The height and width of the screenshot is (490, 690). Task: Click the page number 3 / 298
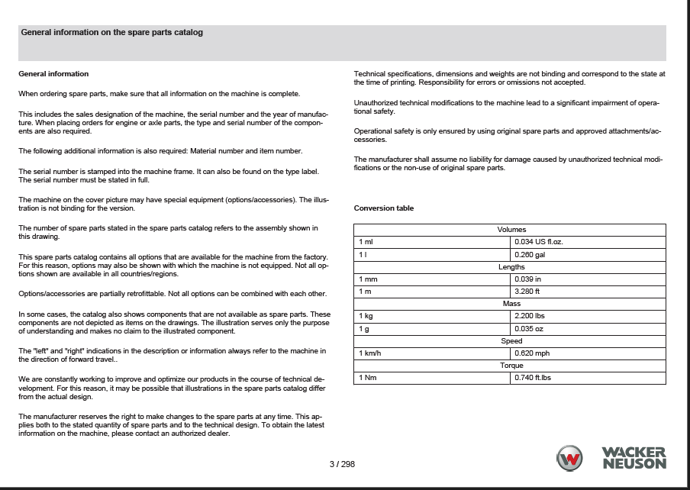[x=342, y=464]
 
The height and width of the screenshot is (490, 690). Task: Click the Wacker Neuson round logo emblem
[x=569, y=459]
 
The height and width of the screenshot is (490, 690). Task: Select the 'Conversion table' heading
[x=384, y=208]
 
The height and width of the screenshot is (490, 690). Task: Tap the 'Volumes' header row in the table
[x=511, y=230]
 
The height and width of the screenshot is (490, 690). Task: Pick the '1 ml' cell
[x=433, y=242]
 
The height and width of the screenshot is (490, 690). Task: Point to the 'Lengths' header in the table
[x=511, y=267]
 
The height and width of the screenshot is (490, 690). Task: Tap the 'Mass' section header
[x=511, y=304]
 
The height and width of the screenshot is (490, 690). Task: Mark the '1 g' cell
[x=433, y=328]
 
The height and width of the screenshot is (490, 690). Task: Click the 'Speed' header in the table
[x=511, y=341]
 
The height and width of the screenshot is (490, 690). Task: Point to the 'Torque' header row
[x=511, y=366]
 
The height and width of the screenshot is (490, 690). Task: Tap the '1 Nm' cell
[x=433, y=378]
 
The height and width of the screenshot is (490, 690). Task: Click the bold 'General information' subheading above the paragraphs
[x=53, y=74]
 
